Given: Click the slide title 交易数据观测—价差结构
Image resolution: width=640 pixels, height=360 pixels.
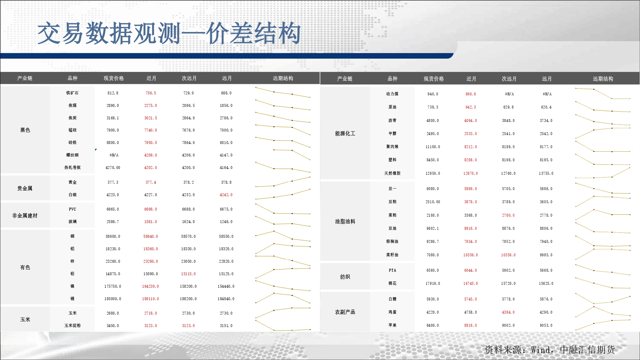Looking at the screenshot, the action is [169, 33].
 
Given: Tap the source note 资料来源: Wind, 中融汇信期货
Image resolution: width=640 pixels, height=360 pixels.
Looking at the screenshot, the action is [550, 349].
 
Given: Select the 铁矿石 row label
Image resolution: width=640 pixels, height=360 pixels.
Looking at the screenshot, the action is [72, 93].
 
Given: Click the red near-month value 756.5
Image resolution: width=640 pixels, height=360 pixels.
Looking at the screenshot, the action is [151, 93].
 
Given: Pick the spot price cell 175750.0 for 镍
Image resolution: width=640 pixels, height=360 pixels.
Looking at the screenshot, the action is [113, 286].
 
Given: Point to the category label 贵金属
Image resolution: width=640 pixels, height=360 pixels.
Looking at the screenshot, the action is [25, 188].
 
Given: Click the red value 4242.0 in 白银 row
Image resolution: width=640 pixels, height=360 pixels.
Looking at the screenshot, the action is [226, 195].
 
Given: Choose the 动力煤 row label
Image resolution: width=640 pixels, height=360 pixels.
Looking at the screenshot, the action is [392, 94].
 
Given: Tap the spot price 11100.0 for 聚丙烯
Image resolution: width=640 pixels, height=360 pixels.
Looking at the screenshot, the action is [433, 147].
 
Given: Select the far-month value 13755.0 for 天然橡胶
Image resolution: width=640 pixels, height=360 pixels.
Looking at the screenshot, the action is [546, 173].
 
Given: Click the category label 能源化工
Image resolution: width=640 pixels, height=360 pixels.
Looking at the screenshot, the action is [345, 133].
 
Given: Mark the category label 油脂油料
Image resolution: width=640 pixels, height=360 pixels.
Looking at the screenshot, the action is [345, 221].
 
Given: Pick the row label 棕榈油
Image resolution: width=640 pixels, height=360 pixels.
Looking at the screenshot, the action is [392, 241].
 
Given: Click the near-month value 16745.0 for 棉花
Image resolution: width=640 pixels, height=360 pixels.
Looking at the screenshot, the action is [470, 284].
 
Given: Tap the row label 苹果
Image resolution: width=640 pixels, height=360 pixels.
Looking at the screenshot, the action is [392, 325].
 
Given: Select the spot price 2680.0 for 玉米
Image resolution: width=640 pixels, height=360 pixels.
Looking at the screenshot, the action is [113, 313].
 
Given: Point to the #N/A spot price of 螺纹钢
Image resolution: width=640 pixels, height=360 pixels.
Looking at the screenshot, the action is [114, 155].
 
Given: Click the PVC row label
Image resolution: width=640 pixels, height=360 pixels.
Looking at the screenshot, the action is [72, 209].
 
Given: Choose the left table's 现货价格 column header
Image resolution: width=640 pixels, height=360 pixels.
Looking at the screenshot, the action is [114, 78].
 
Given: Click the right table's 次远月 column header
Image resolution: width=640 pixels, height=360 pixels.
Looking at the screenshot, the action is [509, 79].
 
